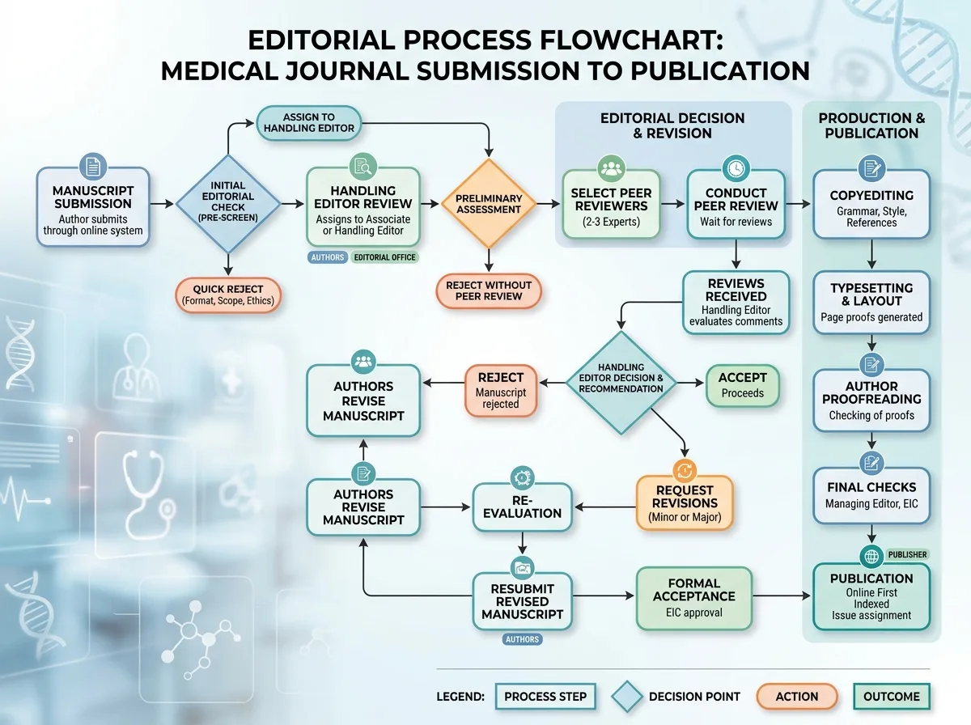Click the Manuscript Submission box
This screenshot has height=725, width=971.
pos(93,206)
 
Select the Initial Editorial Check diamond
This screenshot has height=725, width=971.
pos(228,204)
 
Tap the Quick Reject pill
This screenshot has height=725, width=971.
pos(228,295)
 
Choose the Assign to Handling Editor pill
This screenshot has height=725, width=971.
pos(309,123)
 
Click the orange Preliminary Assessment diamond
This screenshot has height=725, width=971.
pos(489,203)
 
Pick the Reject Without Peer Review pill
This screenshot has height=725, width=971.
pos(489,290)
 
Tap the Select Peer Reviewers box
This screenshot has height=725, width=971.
pos(611,205)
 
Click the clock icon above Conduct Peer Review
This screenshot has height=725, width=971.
pos(736,168)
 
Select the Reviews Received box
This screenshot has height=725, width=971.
pos(736,303)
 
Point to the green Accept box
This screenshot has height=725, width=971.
pos(742,385)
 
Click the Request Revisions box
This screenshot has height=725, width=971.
pos(685,502)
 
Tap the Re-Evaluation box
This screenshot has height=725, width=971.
pos(522,507)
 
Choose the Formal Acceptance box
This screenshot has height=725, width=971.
pos(693,598)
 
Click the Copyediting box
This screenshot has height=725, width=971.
pos(871,205)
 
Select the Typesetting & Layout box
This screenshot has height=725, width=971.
pos(871,303)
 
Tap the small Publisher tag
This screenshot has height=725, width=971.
pos(907,554)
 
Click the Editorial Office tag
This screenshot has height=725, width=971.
pos(384,257)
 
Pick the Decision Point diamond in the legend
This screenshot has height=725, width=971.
pos(627,697)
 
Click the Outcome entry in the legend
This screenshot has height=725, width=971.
pos(892,696)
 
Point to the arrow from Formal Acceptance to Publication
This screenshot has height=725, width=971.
pos(781,596)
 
